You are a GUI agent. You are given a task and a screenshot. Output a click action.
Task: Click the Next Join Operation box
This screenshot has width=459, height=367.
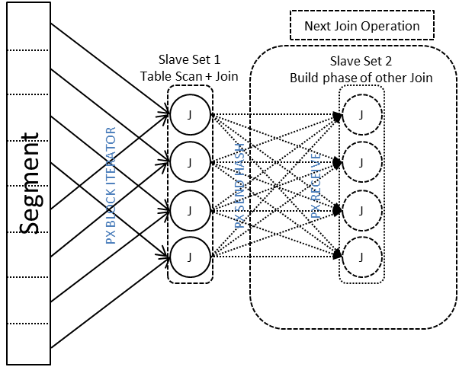(361, 27)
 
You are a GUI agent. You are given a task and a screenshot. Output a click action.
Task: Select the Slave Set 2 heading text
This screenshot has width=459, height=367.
(361, 61)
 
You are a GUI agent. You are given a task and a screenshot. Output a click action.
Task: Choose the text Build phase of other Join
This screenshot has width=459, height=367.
(361, 77)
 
